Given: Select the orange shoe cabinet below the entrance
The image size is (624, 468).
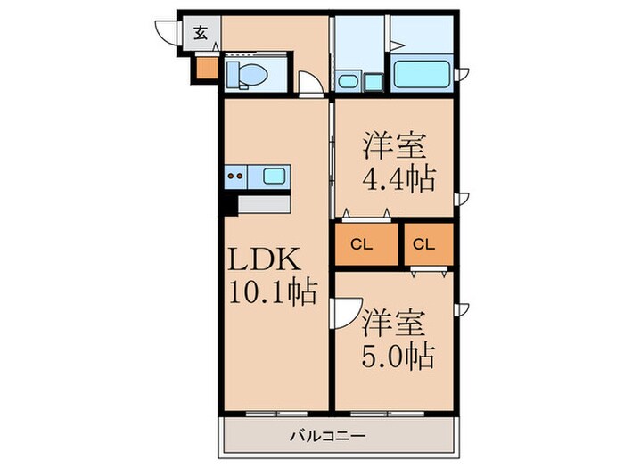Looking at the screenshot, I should pyautogui.click(x=205, y=67).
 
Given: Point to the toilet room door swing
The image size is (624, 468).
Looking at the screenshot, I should pyautogui.click(x=310, y=86).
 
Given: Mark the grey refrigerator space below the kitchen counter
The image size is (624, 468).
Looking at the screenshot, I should pyautogui.click(x=265, y=204).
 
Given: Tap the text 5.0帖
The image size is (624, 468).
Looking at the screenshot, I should pyautogui.click(x=398, y=356).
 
